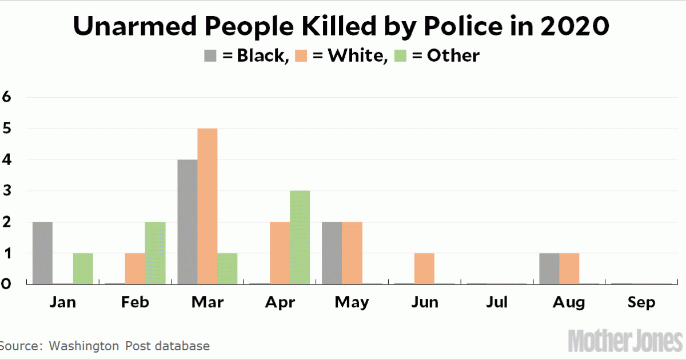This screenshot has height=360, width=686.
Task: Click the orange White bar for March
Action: click(207, 206)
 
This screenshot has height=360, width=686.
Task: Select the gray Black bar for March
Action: click(188, 221)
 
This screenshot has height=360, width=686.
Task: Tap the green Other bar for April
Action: click(300, 237)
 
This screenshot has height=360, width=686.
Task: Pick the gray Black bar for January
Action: click(43, 252)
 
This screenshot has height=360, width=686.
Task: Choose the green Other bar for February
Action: click(155, 252)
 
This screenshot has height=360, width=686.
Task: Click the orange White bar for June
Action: click(424, 267)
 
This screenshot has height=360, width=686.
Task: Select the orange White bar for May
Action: click(352, 252)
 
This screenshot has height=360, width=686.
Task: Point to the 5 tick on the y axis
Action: click(7, 129)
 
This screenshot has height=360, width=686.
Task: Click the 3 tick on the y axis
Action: click(7, 190)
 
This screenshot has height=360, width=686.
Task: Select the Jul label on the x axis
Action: click(497, 302)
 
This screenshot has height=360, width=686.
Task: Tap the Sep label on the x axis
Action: click(641, 302)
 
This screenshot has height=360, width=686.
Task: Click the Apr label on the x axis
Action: click(280, 302)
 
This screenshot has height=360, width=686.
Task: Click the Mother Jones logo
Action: click(626, 341)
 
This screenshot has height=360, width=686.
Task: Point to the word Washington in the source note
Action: click(84, 346)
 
